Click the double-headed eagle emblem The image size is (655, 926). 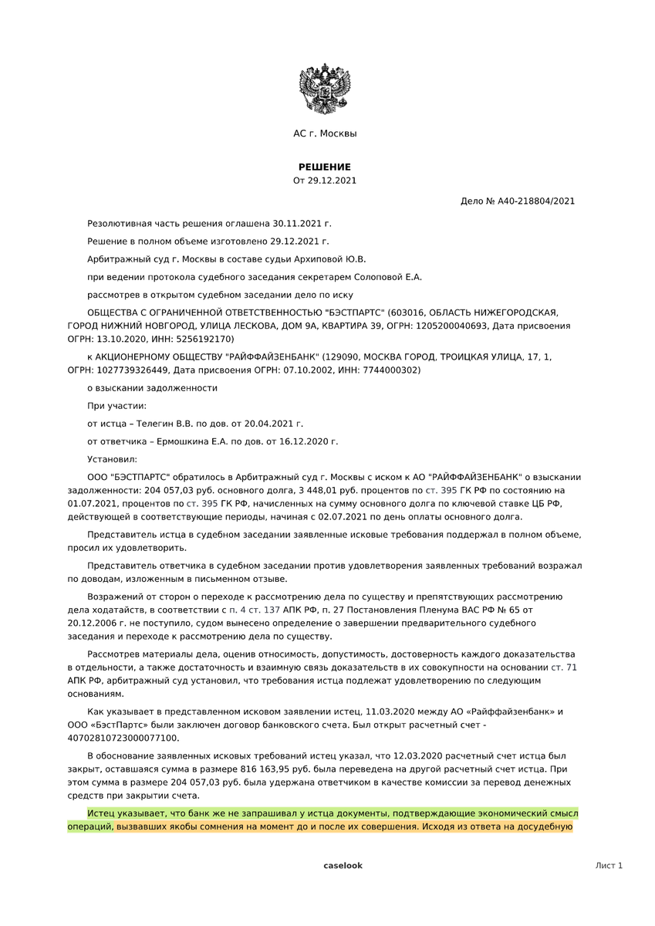tap(325, 90)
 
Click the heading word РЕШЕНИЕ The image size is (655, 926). tap(325, 167)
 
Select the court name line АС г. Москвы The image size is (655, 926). tap(325, 133)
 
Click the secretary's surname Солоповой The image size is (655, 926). tap(374, 276)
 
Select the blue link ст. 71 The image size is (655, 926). tap(565, 667)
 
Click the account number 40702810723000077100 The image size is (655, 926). tap(122, 738)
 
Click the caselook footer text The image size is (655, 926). tap(343, 866)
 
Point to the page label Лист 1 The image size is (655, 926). tap(609, 866)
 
